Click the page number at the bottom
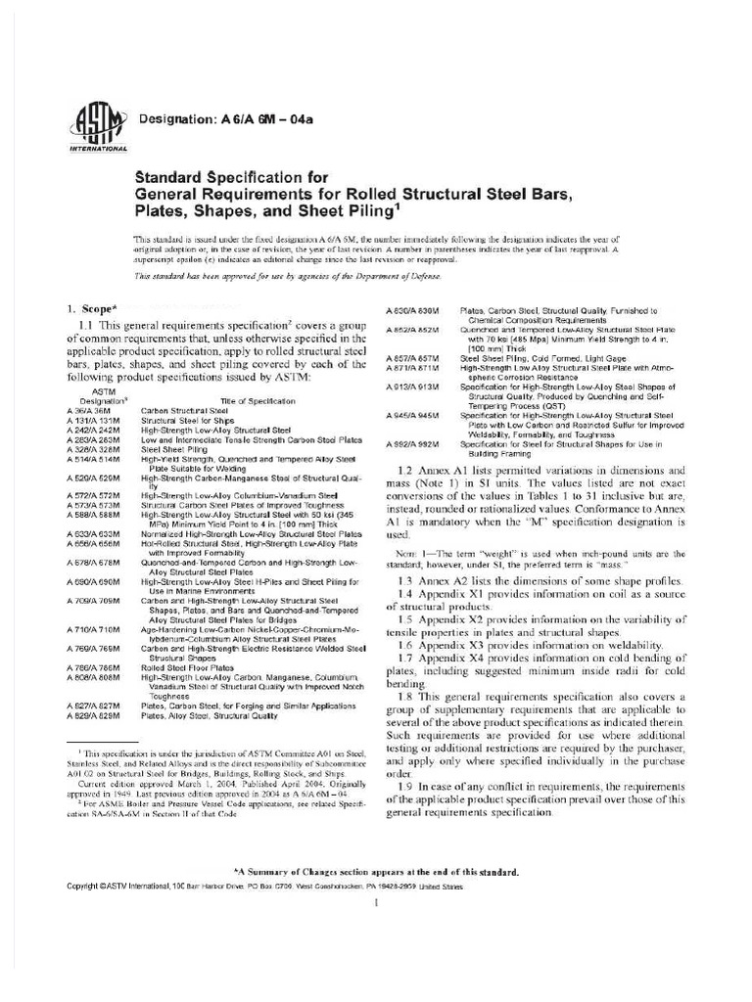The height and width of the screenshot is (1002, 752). pos(376,903)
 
